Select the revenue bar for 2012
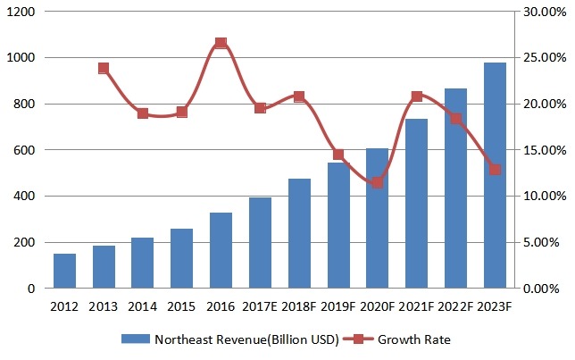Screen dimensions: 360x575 64,271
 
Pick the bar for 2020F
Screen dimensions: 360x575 377,218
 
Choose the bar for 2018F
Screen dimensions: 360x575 299,233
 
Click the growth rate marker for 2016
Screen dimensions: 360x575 221,43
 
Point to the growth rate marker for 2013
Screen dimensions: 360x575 104,68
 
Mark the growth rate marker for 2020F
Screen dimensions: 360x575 377,182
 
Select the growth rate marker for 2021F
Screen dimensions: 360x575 416,96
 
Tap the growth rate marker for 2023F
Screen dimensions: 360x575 495,170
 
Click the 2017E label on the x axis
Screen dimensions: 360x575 260,306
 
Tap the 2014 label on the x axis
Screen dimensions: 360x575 143,306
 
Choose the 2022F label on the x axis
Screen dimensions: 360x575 455,306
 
